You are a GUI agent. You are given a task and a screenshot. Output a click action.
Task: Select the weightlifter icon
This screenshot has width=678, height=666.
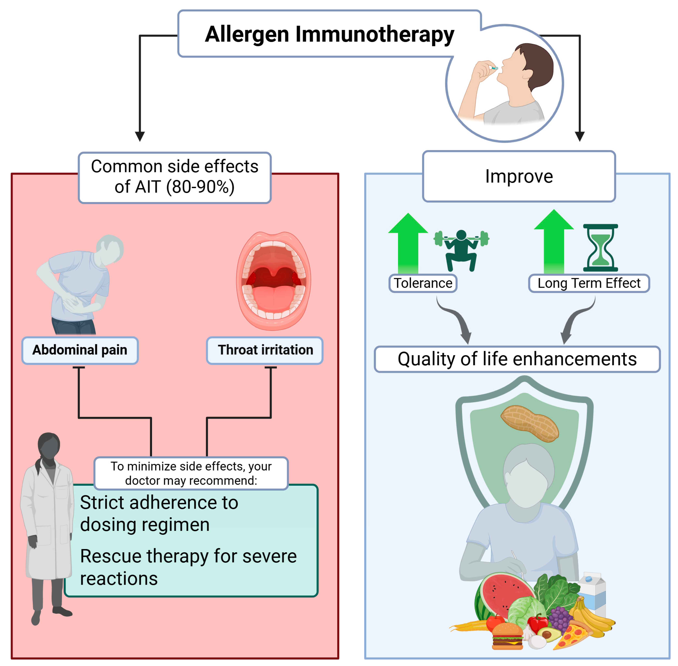tap(461, 249)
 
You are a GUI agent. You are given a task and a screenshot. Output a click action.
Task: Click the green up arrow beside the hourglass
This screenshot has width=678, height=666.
tap(554, 241)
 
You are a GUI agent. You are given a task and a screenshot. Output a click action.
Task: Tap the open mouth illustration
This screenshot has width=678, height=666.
tap(274, 281)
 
